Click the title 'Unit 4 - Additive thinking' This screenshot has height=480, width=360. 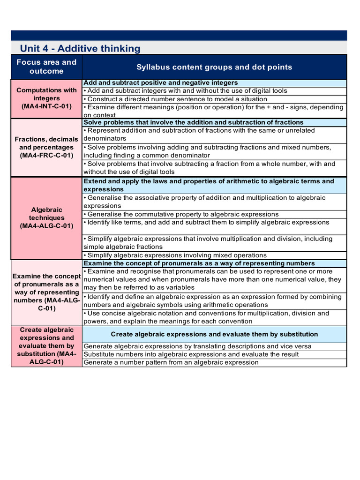[80, 48]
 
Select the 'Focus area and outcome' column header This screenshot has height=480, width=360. [46, 67]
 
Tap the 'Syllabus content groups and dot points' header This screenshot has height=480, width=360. [214, 67]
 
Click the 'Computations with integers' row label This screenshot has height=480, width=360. [46, 94]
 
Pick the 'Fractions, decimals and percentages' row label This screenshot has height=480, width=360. [46, 143]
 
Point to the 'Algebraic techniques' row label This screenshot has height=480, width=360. [46, 214]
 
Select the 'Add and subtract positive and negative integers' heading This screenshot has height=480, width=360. [160, 83]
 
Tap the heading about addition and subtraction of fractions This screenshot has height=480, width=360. [193, 122]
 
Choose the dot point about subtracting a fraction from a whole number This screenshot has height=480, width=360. [209, 168]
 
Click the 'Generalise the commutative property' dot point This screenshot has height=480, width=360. [181, 214]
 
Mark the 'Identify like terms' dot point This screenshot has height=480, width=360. [206, 222]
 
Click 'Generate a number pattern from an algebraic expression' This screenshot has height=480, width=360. [171, 362]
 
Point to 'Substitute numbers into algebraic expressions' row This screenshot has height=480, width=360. [191, 354]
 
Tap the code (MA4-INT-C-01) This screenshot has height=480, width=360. [46, 106]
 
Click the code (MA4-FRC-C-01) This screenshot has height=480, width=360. [46, 156]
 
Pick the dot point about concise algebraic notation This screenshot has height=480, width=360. [206, 317]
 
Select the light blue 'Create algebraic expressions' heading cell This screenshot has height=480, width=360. [214, 334]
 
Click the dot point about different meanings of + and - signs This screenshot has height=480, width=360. [213, 111]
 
